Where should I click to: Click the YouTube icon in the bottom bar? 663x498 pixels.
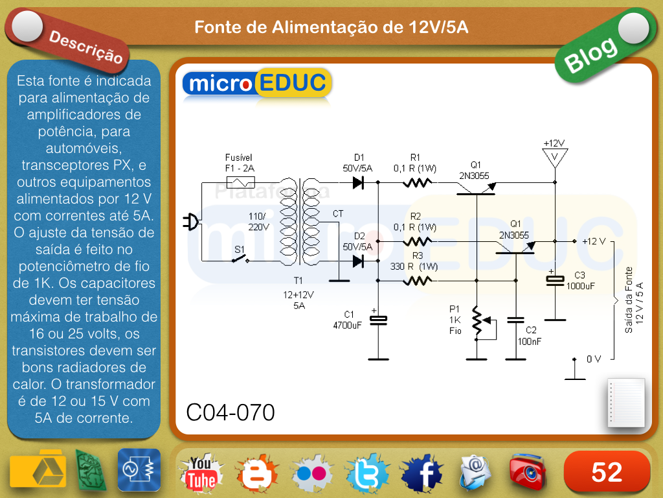pyautogui.click(x=201, y=471)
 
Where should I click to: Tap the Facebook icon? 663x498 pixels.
pyautogui.click(x=422, y=471)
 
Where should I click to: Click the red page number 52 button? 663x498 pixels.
pyautogui.click(x=607, y=472)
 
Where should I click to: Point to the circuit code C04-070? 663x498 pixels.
pyautogui.click(x=230, y=412)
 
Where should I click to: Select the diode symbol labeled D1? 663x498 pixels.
pyautogui.click(x=358, y=182)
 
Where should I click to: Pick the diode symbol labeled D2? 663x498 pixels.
pyautogui.click(x=358, y=261)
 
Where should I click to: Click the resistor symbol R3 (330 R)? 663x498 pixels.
pyautogui.click(x=417, y=281)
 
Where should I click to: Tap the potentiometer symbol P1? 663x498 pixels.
pyautogui.click(x=478, y=322)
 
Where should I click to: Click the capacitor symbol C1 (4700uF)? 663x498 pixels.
pyautogui.click(x=378, y=319)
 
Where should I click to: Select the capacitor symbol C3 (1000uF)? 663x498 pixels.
pyautogui.click(x=555, y=279)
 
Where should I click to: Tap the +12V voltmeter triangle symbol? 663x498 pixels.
pyautogui.click(x=555, y=157)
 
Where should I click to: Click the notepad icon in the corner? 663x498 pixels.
pyautogui.click(x=626, y=403)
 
